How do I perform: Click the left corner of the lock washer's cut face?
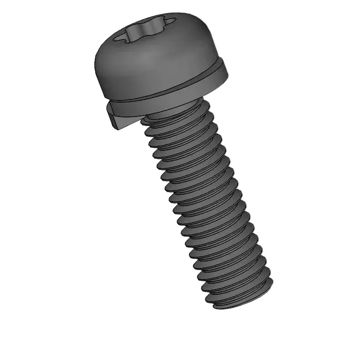coord(109,114)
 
